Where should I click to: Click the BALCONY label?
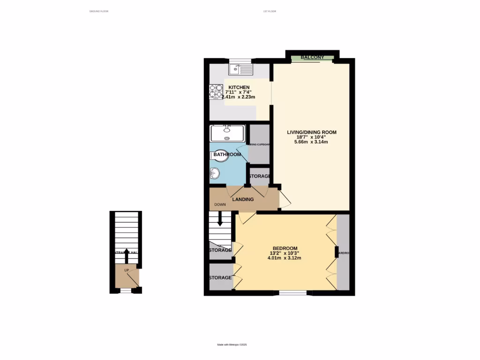pyautogui.click(x=313, y=58)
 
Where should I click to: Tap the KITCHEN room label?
pyautogui.click(x=239, y=87)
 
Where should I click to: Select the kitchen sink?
pyautogui.click(x=240, y=70)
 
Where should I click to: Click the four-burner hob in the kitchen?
pyautogui.click(x=216, y=91)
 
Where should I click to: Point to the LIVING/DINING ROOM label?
pyautogui.click(x=312, y=132)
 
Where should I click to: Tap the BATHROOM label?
pyautogui.click(x=227, y=155)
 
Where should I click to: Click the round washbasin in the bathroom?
pyautogui.click(x=215, y=173)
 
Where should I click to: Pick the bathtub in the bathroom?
pyautogui.click(x=227, y=133)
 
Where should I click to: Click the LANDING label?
pyautogui.click(x=243, y=199)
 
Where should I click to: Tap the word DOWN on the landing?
pyautogui.click(x=220, y=205)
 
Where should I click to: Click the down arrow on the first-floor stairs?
pyautogui.click(x=220, y=220)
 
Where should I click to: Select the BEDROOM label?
pyautogui.click(x=285, y=248)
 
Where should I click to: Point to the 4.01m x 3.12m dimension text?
pyautogui.click(x=284, y=258)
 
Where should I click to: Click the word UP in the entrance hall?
pyautogui.click(x=127, y=270)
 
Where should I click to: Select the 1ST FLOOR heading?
pyautogui.click(x=270, y=11)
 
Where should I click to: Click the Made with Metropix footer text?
pyautogui.click(x=232, y=345)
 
